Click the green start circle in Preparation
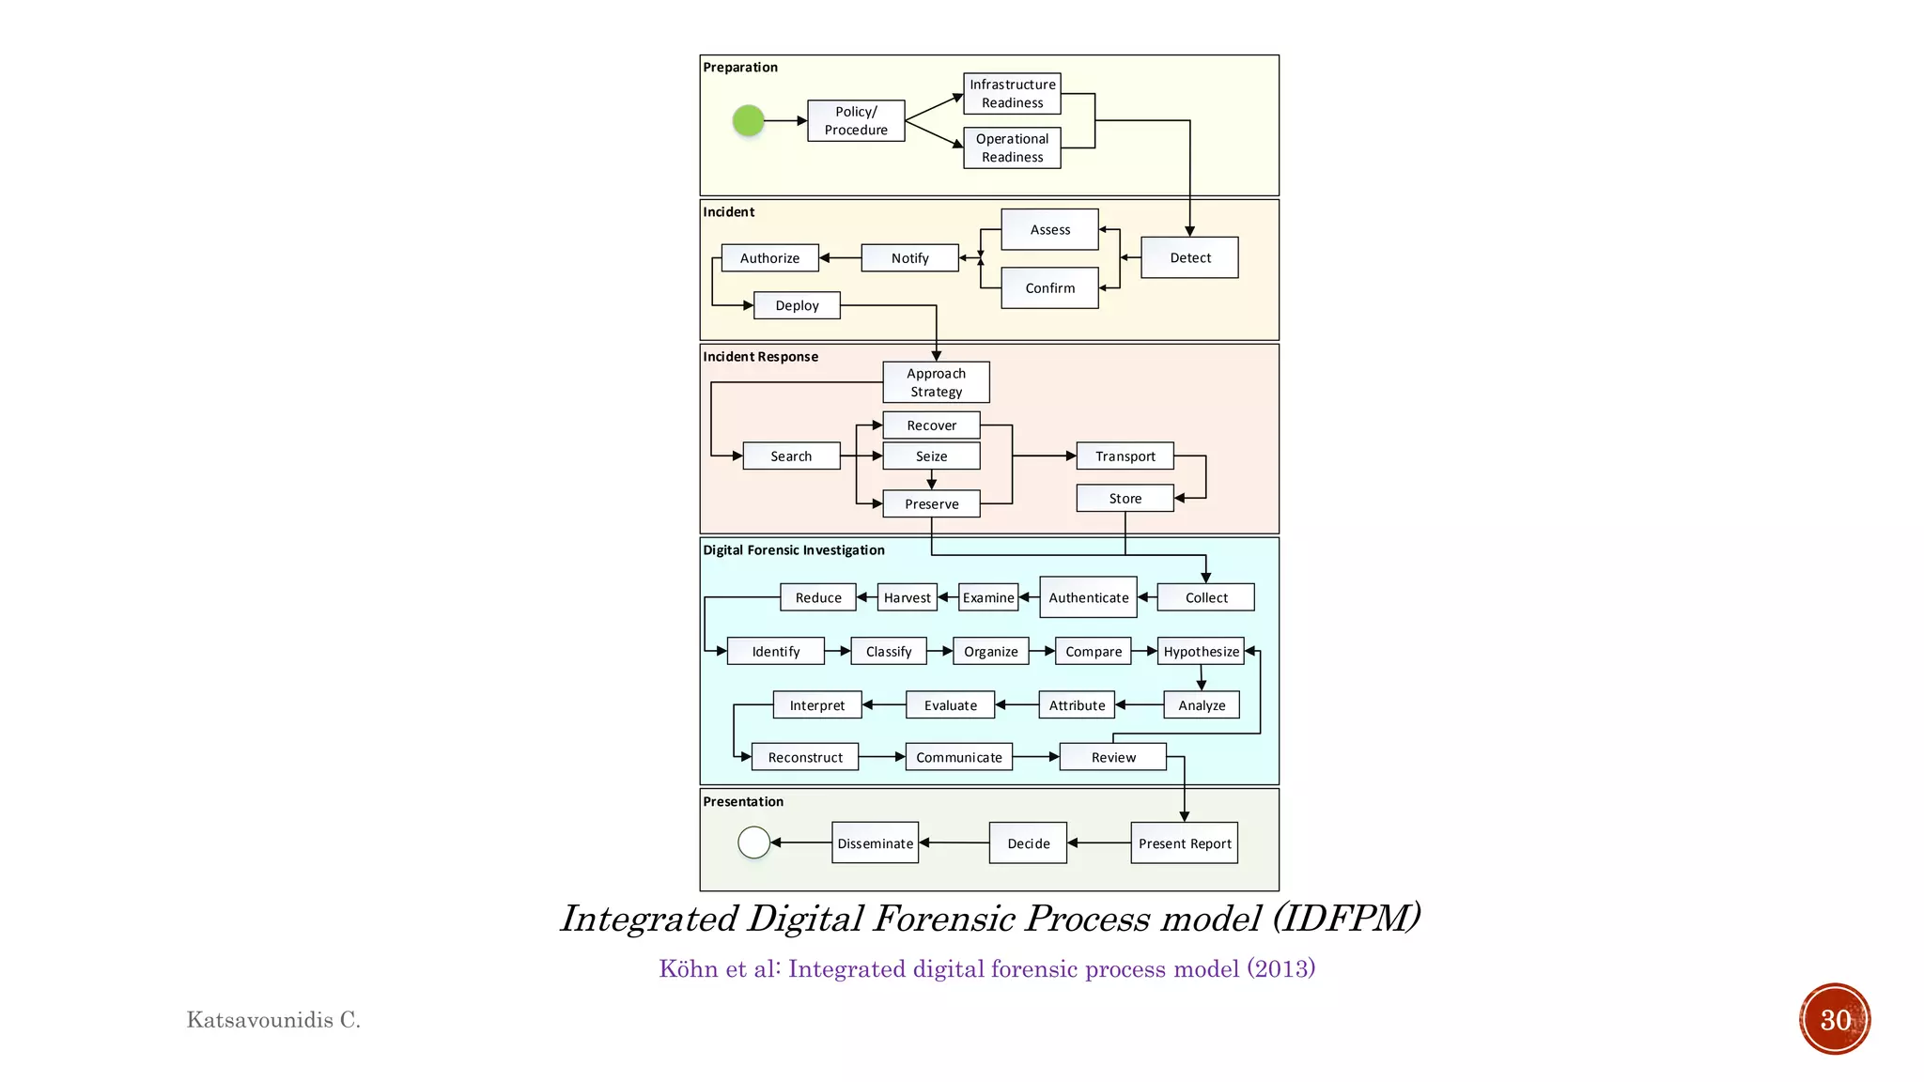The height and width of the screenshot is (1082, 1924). tap(748, 120)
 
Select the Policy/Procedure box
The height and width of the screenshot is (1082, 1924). tap(856, 120)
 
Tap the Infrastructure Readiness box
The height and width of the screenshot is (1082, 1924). tap(1012, 93)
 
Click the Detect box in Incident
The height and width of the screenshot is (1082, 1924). tap(1189, 257)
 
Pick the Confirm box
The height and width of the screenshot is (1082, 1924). tap(1049, 287)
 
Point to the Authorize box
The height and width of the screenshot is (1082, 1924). tap(769, 257)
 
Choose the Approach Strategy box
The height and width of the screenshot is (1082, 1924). tap(936, 382)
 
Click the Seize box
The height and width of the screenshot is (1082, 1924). tap(931, 456)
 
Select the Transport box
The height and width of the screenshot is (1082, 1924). tap(1125, 456)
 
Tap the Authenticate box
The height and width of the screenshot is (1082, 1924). tap(1088, 597)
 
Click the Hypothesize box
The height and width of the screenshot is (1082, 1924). tap(1201, 651)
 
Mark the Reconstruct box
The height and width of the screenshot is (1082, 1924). tap(805, 757)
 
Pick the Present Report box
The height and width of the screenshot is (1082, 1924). tap(1184, 843)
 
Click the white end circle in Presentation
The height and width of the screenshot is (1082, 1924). tap(753, 842)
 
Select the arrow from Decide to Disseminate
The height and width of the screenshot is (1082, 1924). tap(954, 842)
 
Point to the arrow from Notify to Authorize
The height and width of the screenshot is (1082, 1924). tap(840, 257)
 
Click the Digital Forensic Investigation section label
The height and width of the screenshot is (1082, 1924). tap(794, 550)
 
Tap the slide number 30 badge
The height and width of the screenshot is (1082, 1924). tap(1834, 1019)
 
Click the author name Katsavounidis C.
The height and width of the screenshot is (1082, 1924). tap(273, 1020)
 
